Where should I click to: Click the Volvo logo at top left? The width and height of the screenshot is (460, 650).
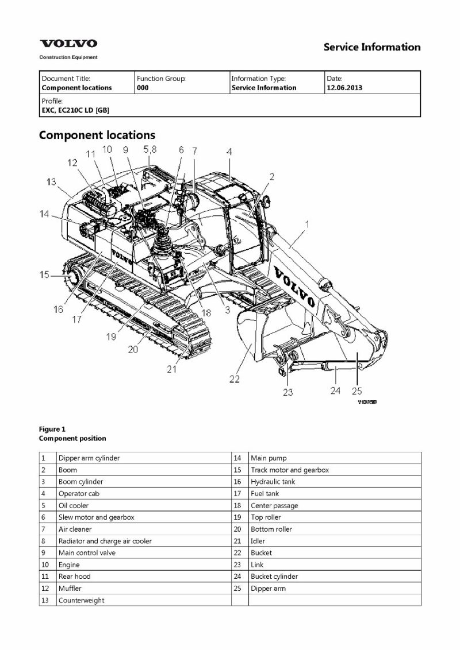pos(68,44)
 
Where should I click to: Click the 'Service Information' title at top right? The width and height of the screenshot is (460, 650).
pos(372,47)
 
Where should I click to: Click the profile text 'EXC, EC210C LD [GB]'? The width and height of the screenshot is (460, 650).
pos(75,110)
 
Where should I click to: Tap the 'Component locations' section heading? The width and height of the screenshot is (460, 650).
pos(97,136)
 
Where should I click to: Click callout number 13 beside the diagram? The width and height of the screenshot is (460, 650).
pos(52,181)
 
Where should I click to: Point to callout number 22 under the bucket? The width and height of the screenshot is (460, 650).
pos(235,379)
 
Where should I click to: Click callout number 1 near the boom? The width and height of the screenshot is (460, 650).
pos(306,224)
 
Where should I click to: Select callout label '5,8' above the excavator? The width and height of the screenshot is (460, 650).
pos(150,149)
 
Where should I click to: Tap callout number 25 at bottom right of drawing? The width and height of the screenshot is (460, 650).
pos(357,391)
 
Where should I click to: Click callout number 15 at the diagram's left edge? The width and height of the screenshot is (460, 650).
pos(44,275)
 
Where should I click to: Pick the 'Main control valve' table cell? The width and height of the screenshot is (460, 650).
pos(87,553)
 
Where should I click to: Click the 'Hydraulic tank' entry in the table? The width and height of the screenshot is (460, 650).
pos(273,482)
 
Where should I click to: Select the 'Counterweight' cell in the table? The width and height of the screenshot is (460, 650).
pos(81,600)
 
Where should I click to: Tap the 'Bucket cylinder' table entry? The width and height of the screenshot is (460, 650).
pos(274,577)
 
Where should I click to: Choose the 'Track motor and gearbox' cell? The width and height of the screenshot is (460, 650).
pos(289,470)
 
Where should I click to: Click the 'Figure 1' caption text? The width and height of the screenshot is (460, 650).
pos(52,429)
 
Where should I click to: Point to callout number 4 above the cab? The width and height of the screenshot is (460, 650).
pos(229,152)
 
